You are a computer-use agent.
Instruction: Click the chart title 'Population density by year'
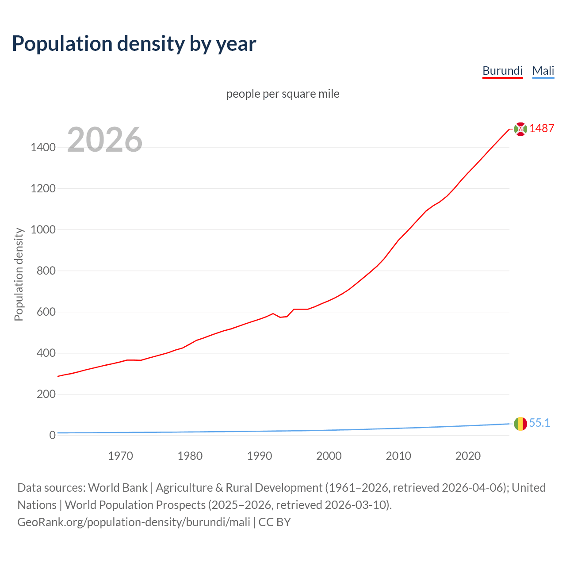[x=134, y=43]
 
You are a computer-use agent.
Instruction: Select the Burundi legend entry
[x=502, y=71]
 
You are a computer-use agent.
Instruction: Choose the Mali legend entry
[x=543, y=71]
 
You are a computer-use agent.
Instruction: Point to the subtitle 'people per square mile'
[x=283, y=94]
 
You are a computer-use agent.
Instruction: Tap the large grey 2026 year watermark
[x=105, y=140]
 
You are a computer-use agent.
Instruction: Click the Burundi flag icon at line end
[x=520, y=129]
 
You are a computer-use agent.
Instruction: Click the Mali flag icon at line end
[x=520, y=424]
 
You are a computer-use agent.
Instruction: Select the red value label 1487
[x=542, y=128]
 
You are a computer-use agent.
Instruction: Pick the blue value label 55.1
[x=539, y=423]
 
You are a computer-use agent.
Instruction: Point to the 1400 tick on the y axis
[x=43, y=147]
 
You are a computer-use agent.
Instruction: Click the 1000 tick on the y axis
[x=43, y=229]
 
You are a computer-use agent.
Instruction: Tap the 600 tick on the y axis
[x=46, y=312]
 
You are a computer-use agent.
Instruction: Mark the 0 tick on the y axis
[x=52, y=435]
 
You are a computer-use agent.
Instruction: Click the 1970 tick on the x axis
[x=120, y=456]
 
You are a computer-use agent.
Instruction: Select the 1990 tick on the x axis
[x=260, y=456]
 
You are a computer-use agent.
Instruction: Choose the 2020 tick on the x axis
[x=468, y=456]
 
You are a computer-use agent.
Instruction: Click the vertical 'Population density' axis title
[x=19, y=274]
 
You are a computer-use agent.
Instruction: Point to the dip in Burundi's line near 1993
[x=280, y=317]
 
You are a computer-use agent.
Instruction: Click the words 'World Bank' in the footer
[x=118, y=488]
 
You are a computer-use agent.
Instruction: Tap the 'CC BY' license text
[x=275, y=522]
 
